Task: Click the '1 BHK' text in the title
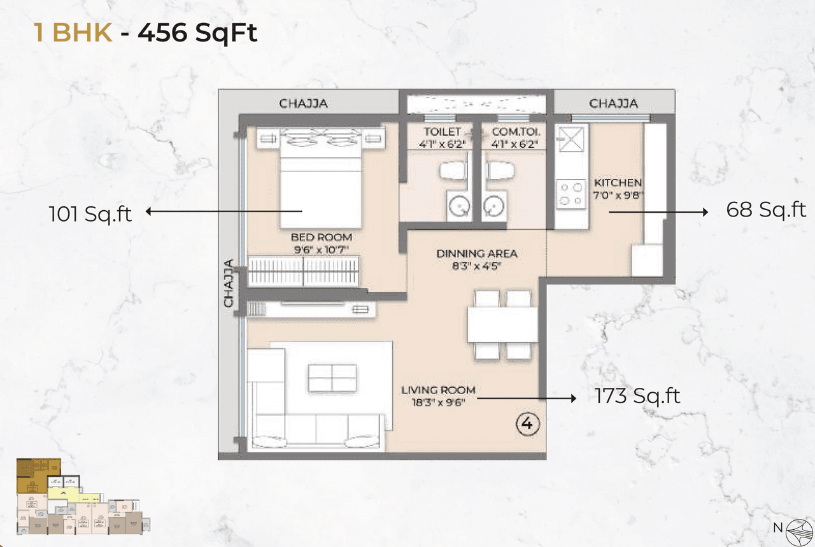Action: tap(73, 32)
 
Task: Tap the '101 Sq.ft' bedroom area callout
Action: tap(90, 214)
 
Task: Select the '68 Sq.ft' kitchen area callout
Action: tap(766, 210)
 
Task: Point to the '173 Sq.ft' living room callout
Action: tap(637, 396)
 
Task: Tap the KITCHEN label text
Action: tap(618, 183)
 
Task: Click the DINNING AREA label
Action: tap(476, 253)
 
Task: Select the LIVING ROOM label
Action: tap(438, 390)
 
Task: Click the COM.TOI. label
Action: tap(515, 132)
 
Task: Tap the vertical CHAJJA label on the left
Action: tap(229, 283)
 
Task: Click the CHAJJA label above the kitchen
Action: tap(613, 103)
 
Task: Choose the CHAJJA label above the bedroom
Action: tap(304, 103)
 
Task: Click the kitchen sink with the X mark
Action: tap(571, 139)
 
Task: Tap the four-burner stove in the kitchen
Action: tap(571, 194)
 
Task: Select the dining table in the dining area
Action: tap(502, 325)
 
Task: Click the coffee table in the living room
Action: tap(332, 378)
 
